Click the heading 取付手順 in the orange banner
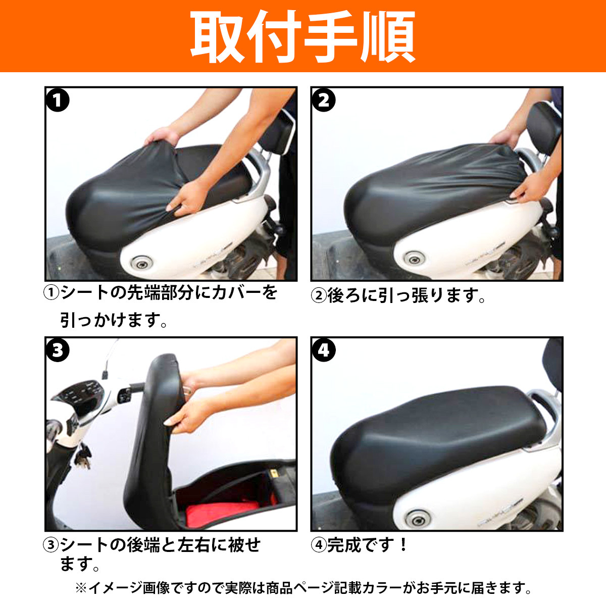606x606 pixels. (302, 37)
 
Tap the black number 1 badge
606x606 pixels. (58, 100)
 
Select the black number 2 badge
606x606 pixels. (324, 100)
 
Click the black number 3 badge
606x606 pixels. (58, 350)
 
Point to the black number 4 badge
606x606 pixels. (324, 350)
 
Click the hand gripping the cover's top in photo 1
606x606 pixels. (163, 136)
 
